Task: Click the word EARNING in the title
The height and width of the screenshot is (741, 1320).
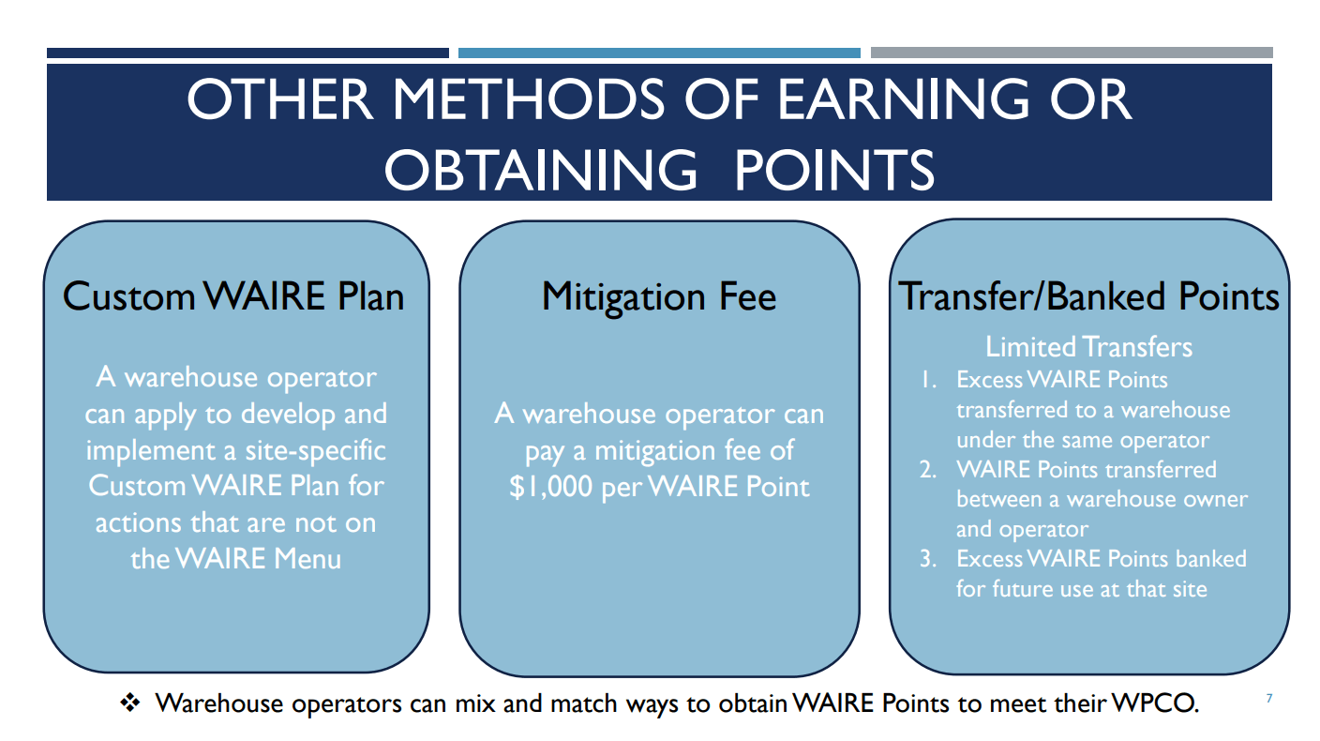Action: pyautogui.click(x=904, y=99)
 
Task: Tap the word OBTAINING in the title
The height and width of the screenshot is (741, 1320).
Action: pyautogui.click(x=541, y=170)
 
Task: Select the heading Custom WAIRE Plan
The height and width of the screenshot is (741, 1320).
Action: pyautogui.click(x=233, y=295)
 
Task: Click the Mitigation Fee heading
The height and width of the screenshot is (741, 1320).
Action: pyautogui.click(x=659, y=297)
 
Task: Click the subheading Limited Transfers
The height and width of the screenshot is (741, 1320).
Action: pyautogui.click(x=1089, y=347)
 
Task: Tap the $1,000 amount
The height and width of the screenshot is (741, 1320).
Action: pyautogui.click(x=550, y=487)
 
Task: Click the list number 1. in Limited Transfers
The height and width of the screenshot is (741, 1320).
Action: pyautogui.click(x=929, y=380)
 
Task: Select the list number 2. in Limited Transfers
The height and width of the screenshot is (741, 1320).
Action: pyautogui.click(x=928, y=470)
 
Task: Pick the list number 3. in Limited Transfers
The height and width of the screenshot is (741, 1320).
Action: pyautogui.click(x=928, y=559)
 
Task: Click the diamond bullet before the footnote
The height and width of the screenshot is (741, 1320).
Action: pyautogui.click(x=130, y=703)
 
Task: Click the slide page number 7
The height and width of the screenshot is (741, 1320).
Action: pyautogui.click(x=1268, y=699)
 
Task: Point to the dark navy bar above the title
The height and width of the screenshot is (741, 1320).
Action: pyautogui.click(x=248, y=53)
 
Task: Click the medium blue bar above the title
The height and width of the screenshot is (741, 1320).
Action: pyautogui.click(x=659, y=53)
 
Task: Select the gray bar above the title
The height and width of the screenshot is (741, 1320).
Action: pyautogui.click(x=1072, y=53)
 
